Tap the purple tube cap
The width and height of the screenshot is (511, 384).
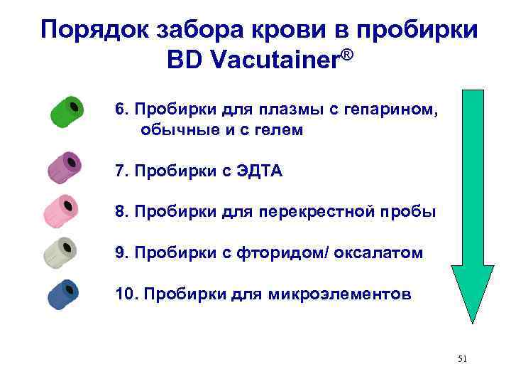click(x=65, y=166)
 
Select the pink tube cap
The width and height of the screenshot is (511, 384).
click(x=62, y=208)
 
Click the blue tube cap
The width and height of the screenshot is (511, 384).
click(x=63, y=294)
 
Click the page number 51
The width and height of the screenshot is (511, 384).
click(x=462, y=360)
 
